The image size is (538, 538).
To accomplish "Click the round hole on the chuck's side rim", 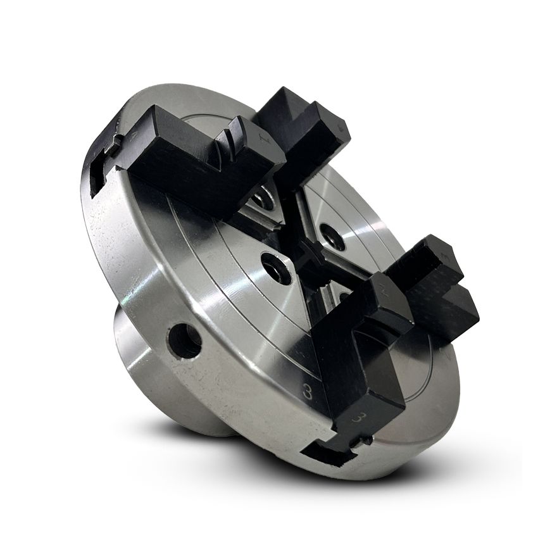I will [x=185, y=341].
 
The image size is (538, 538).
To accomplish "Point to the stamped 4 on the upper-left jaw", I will [x=134, y=135].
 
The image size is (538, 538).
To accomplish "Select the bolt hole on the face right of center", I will [x=332, y=235].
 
